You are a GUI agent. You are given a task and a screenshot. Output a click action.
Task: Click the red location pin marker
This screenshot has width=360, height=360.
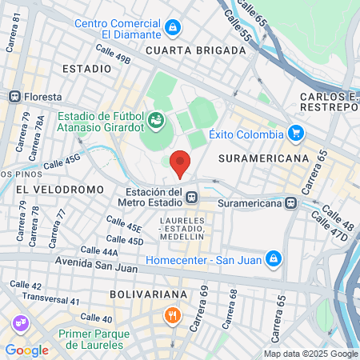(x=181, y=162)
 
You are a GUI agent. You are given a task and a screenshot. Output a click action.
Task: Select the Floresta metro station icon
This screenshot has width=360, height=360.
(x=14, y=96)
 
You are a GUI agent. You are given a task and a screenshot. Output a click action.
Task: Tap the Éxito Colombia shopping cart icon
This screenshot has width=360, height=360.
(x=296, y=134)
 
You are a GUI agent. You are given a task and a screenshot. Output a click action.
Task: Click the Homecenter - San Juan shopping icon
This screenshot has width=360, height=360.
(x=274, y=258)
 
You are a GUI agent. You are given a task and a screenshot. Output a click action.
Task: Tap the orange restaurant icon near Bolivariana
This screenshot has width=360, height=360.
(x=171, y=314)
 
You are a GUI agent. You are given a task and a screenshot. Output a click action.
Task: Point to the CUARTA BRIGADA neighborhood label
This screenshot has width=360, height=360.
(x=196, y=50)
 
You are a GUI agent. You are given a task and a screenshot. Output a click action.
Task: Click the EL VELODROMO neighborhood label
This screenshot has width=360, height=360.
(x=59, y=190)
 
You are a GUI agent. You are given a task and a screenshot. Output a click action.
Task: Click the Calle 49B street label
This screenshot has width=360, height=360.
(x=113, y=54)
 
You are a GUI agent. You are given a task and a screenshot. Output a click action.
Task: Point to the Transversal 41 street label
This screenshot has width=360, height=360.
(x=51, y=301)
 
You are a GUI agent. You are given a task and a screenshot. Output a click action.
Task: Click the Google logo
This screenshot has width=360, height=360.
(x=26, y=350)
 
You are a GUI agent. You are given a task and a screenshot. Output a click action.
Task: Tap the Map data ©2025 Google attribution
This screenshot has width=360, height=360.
(x=311, y=354)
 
